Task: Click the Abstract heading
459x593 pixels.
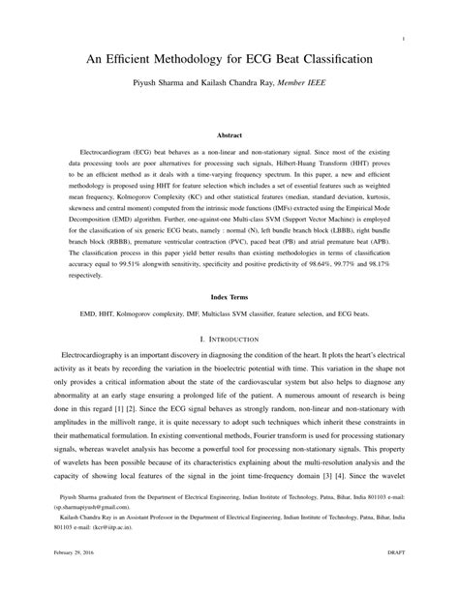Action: (229, 136)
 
